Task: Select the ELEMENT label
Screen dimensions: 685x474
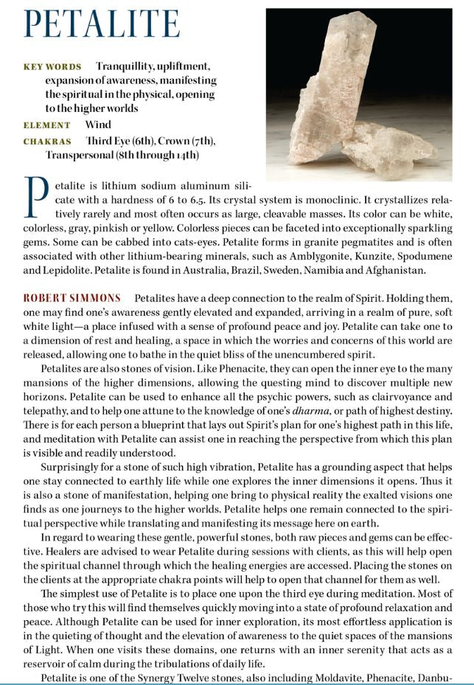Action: tap(47, 125)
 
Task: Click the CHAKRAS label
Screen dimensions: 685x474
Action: tap(47, 141)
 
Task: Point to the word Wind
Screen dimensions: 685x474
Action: tap(98, 124)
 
